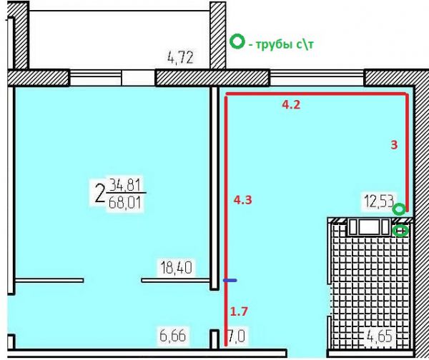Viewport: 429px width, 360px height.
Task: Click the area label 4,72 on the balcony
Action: click(x=180, y=58)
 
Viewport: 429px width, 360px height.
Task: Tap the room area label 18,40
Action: click(x=176, y=267)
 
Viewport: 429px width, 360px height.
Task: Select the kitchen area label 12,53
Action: click(x=379, y=201)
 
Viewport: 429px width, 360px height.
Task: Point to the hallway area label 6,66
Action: click(x=172, y=336)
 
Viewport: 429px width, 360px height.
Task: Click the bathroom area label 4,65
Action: click(x=380, y=336)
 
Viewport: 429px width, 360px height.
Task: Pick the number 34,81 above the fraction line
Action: click(x=124, y=185)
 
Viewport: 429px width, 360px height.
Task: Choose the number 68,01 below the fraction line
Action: click(x=124, y=203)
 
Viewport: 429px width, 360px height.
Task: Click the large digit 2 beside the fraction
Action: click(x=100, y=193)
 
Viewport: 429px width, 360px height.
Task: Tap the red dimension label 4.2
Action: click(x=291, y=105)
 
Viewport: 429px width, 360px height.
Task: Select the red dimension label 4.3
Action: click(x=242, y=200)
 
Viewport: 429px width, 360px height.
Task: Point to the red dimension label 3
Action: click(x=394, y=145)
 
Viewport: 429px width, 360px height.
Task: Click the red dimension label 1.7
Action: click(x=239, y=311)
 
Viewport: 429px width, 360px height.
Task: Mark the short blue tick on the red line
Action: click(x=230, y=280)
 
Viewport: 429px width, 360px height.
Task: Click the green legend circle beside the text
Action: click(x=237, y=41)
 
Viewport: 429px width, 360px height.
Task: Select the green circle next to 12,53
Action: click(x=399, y=210)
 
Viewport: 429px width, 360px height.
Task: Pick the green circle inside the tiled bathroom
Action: click(x=400, y=231)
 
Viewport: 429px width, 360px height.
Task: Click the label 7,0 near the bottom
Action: click(x=237, y=336)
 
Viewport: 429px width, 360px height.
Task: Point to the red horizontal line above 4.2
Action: click(x=317, y=94)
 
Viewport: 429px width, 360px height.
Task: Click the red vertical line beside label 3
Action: click(x=407, y=153)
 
